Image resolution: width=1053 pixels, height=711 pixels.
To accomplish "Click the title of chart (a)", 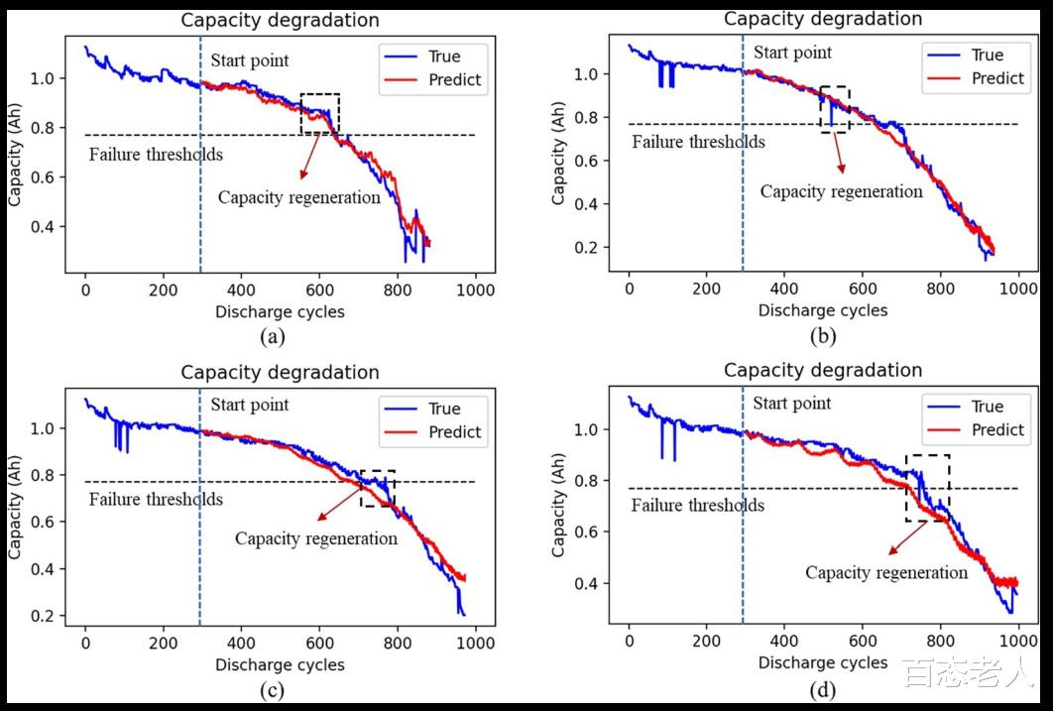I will click(280, 20).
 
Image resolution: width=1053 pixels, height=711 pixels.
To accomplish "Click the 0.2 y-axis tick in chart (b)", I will click(596, 248).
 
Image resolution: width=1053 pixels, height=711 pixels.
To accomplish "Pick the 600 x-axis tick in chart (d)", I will click(863, 641).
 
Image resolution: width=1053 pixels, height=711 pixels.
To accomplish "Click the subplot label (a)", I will click(273, 336).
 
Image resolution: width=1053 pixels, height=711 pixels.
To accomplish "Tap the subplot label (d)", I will click(822, 689).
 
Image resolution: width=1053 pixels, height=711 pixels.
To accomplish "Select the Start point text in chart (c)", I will click(250, 405).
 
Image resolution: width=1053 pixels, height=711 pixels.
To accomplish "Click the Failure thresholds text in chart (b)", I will click(698, 142).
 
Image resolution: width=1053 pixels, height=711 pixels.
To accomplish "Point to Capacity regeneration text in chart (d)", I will click(886, 573).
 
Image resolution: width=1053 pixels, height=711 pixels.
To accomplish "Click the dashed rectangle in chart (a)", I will click(319, 113).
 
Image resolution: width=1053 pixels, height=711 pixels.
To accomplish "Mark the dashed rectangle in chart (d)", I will click(927, 488).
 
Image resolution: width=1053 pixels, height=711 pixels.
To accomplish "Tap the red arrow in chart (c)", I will click(339, 501).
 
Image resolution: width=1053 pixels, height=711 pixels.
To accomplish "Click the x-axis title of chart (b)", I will click(823, 310).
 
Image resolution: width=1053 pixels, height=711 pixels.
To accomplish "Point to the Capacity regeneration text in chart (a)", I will click(299, 197).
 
